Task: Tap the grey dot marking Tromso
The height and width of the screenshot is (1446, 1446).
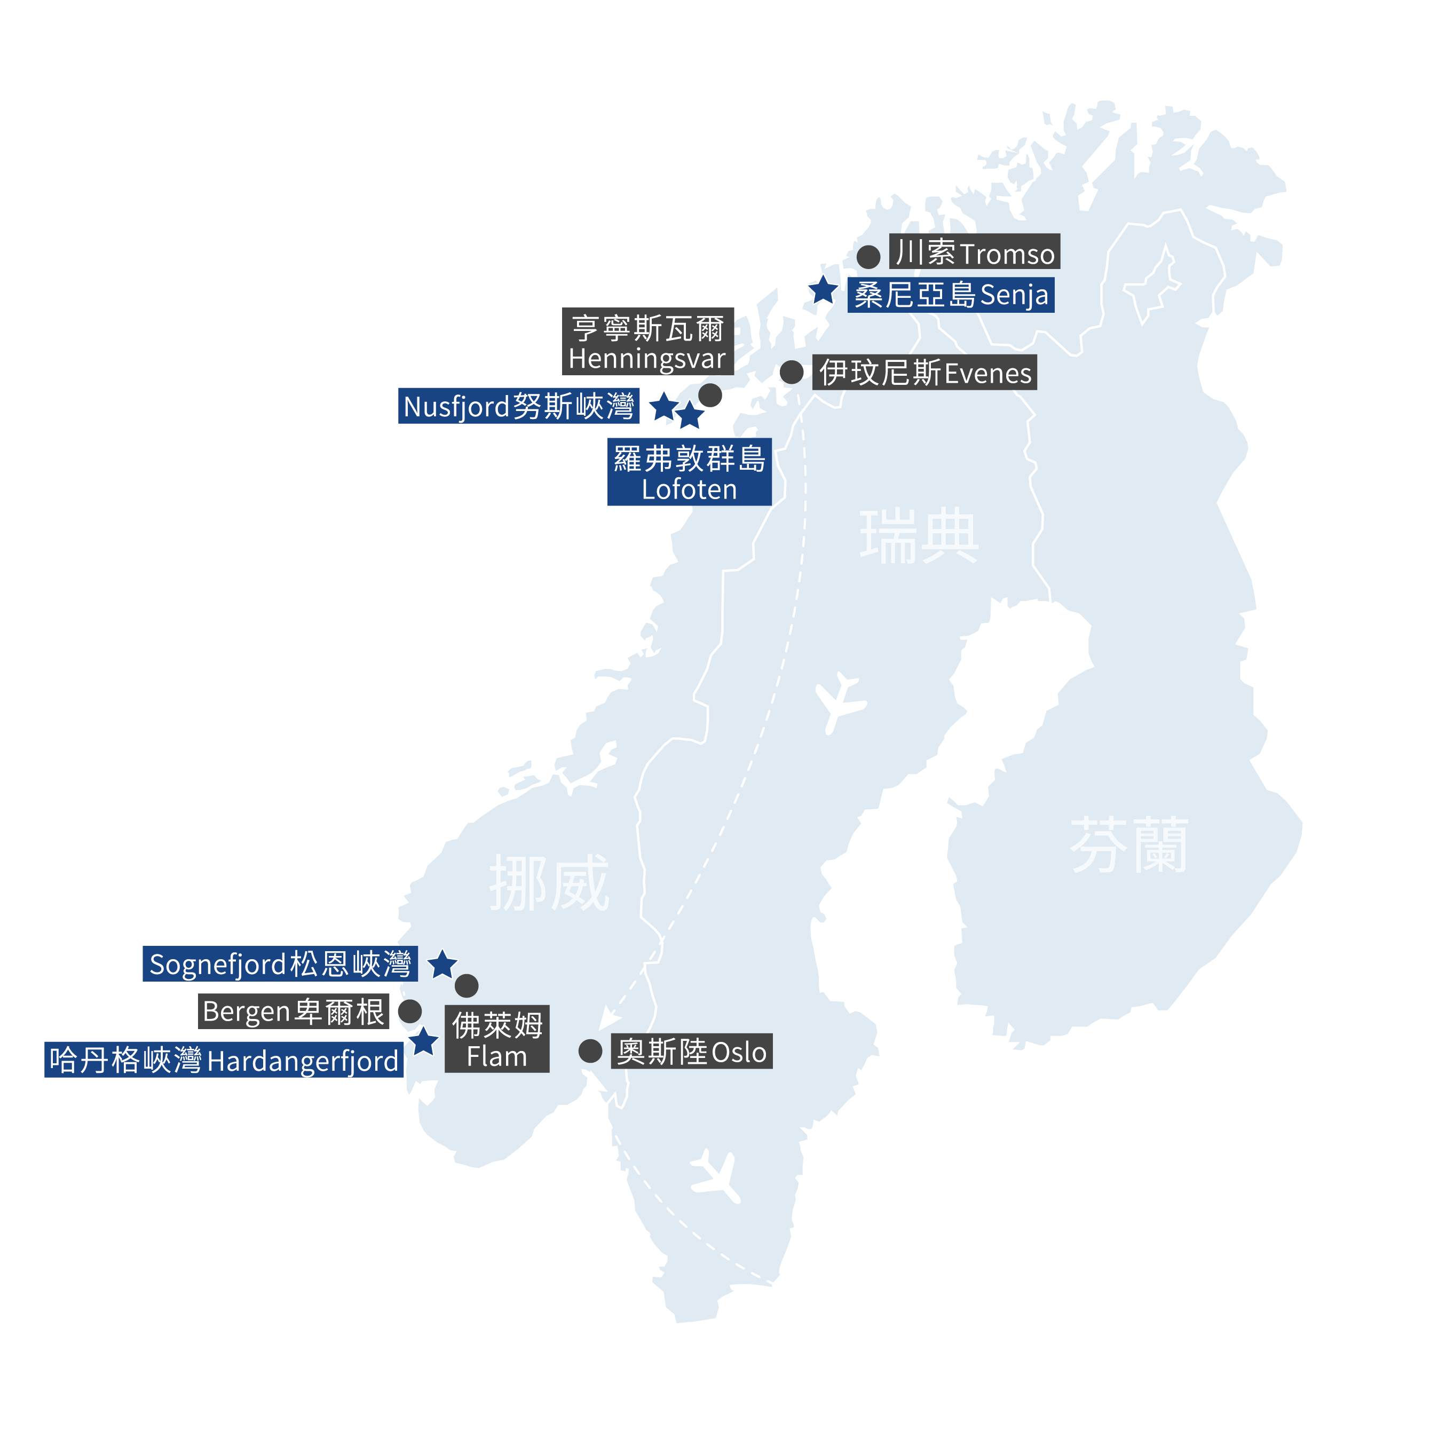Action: click(868, 257)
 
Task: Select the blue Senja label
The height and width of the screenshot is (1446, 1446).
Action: click(951, 295)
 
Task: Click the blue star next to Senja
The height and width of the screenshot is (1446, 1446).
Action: click(823, 290)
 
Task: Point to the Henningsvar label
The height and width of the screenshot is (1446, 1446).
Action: click(647, 341)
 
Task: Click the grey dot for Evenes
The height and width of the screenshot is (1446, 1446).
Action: click(791, 372)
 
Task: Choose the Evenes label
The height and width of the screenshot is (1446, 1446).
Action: click(925, 372)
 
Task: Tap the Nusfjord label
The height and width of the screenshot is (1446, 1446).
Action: click(519, 406)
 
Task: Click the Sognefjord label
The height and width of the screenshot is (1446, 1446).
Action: click(280, 963)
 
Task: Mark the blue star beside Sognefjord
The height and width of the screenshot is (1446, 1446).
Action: click(443, 965)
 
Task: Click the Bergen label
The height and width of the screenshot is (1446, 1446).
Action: click(294, 1011)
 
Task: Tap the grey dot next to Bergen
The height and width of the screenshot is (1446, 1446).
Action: click(409, 1011)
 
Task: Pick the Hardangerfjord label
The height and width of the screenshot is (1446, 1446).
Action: click(224, 1060)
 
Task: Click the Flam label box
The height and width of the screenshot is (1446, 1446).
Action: click(497, 1039)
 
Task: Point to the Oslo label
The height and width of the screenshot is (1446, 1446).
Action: click(692, 1052)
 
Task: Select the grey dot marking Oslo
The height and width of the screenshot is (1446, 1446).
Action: click(590, 1051)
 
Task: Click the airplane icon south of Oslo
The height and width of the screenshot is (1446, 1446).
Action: click(717, 1174)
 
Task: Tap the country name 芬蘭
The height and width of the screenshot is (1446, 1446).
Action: click(1128, 845)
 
